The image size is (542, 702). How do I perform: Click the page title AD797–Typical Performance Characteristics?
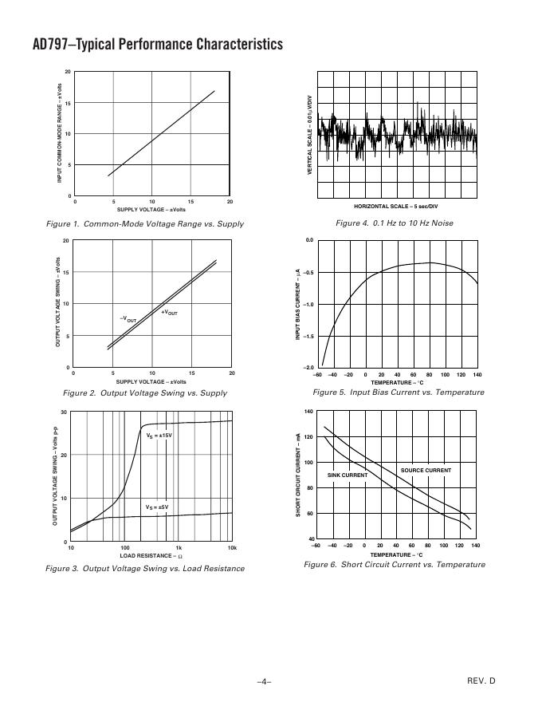coord(147,44)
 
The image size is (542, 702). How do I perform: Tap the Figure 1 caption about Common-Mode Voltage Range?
coord(152,223)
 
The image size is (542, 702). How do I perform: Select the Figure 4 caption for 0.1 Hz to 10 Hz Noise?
coord(395,223)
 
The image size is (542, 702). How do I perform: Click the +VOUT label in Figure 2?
coord(169,312)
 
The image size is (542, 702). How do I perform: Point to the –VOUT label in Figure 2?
coord(128,319)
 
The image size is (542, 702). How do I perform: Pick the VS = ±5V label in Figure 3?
coord(157,507)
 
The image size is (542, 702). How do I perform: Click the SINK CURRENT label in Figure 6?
coord(348,475)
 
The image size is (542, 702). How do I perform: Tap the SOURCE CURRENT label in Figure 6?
coord(426,471)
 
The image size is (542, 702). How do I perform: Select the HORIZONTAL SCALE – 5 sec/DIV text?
coord(396,207)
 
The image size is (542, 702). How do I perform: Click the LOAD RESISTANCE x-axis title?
coord(152,555)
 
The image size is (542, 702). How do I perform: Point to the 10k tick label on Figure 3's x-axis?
coord(231,548)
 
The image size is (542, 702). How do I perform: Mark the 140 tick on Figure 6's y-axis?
coord(308,412)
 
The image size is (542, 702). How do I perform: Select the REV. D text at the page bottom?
coord(481,680)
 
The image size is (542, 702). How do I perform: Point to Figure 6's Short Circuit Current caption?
coord(395,565)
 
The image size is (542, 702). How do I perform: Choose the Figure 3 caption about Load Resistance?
coord(152,569)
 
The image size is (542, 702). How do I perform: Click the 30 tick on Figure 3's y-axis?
coord(64,412)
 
